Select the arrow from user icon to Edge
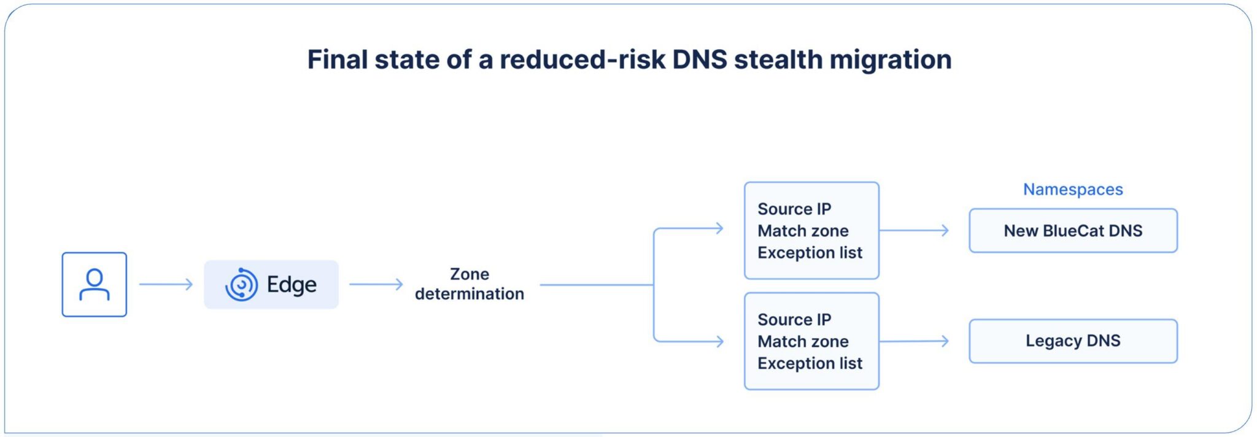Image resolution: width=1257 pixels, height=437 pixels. (166, 284)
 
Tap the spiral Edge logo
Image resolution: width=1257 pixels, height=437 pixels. (241, 285)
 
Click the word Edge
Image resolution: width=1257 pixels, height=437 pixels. (292, 285)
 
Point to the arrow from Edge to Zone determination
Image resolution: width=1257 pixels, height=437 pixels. (376, 284)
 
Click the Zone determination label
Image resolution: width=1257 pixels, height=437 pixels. (470, 284)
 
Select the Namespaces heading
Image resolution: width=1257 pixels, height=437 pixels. (1073, 190)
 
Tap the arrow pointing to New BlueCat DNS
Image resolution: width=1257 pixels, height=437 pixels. (914, 231)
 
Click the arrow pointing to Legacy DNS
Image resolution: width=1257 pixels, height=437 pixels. (914, 341)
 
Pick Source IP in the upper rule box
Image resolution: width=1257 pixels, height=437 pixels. (794, 209)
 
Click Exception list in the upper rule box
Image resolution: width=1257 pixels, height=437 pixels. (810, 253)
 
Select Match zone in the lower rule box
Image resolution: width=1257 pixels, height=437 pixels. (803, 341)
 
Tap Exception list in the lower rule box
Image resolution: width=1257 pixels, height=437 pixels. (810, 363)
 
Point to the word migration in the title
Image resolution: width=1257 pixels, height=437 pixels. (891, 60)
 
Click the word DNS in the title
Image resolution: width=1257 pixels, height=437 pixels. (700, 60)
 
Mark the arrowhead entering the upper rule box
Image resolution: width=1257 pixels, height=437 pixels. (719, 229)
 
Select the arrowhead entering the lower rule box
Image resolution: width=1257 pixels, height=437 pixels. (719, 341)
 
